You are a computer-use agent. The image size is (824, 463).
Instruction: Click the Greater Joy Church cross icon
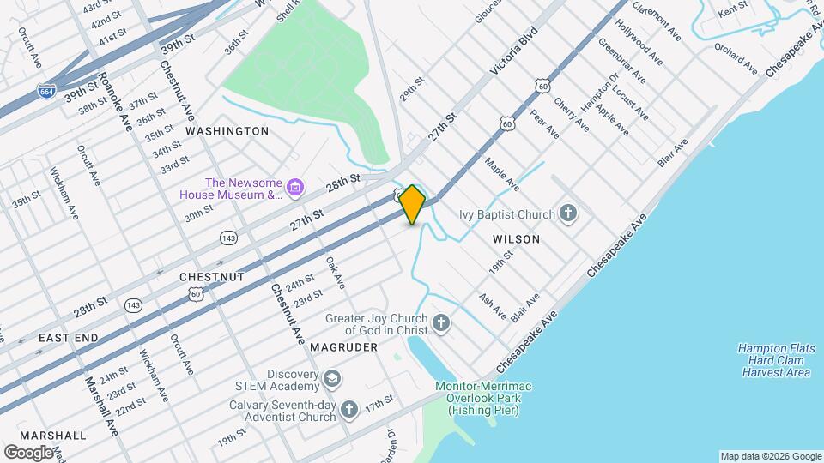[x=441, y=323]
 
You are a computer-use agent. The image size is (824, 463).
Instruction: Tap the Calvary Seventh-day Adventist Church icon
[x=348, y=409]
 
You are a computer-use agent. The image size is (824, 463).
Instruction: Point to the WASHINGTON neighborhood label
[x=227, y=131]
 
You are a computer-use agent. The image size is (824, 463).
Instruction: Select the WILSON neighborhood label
[x=517, y=239]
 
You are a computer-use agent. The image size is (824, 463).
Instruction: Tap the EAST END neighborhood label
[x=68, y=339]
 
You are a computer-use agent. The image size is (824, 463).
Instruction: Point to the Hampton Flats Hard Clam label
[x=774, y=360]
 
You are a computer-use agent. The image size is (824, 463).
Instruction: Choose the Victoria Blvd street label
[x=513, y=53]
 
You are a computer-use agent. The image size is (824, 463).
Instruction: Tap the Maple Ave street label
[x=502, y=174]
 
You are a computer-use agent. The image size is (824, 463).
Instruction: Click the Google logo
[x=28, y=452]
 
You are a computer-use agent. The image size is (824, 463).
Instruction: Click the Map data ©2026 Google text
[x=770, y=456]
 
